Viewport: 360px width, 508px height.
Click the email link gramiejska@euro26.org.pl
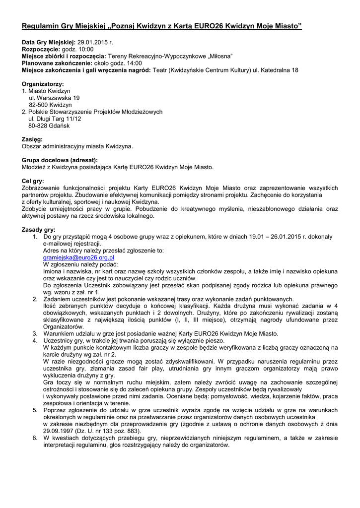pyautogui.click(x=79, y=258)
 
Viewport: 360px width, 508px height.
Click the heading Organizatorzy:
pyautogui.click(x=43, y=84)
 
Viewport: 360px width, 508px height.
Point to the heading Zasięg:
pyautogui.click(x=32, y=139)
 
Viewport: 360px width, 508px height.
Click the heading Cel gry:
pyautogui.click(x=33, y=182)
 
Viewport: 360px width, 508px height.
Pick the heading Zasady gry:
pyautogui.click(x=39, y=230)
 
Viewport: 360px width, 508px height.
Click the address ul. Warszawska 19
pyautogui.click(x=54, y=98)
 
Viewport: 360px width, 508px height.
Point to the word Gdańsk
pyautogui.click(x=60, y=126)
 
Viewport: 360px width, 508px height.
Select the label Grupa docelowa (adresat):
pyautogui.click(x=60, y=160)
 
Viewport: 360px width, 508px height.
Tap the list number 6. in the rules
pyautogui.click(x=35, y=438)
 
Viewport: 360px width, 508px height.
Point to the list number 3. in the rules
pyautogui.click(x=35, y=334)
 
